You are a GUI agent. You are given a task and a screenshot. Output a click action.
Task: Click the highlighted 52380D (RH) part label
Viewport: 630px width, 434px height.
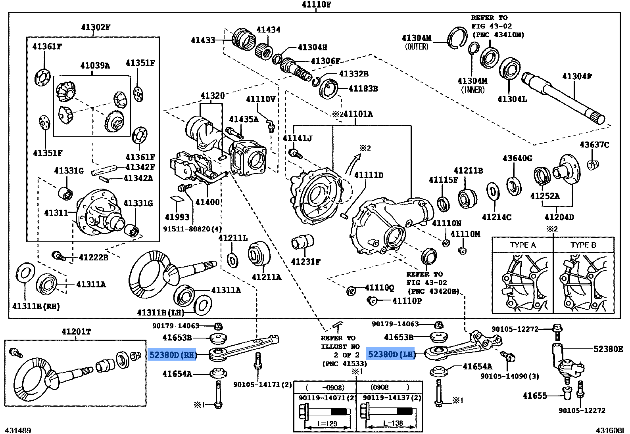173,355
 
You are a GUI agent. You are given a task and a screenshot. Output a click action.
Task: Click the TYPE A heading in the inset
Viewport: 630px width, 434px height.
522,245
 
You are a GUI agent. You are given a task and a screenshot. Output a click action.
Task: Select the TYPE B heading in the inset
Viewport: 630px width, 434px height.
583,245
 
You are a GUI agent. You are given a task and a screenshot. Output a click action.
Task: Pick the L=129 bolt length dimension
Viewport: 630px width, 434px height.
328,424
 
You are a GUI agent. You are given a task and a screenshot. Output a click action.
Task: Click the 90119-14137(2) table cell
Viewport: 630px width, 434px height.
389,397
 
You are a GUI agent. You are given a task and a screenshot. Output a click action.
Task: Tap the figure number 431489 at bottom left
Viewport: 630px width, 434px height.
18,430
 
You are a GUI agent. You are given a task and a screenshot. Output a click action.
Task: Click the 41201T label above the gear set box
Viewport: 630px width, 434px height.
76,332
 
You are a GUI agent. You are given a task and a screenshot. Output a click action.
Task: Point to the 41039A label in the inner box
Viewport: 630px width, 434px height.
95,65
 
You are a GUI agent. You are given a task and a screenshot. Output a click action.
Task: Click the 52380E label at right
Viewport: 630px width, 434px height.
608,349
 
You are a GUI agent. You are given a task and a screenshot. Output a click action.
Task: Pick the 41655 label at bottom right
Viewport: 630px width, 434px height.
535,395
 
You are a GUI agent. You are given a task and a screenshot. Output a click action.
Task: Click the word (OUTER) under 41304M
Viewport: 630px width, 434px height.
417,46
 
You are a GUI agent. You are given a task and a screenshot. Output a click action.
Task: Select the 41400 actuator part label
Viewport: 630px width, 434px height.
207,202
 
